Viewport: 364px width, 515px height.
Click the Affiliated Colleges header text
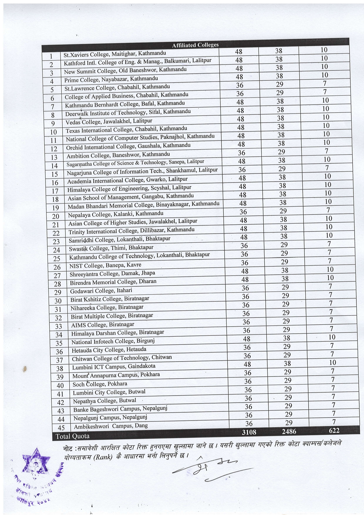pyautogui.click(x=195, y=45)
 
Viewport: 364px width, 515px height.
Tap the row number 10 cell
pyautogui.click(x=53, y=132)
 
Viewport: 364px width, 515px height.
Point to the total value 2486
pyautogui.click(x=289, y=431)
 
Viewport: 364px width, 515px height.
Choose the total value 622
pyautogui.click(x=334, y=430)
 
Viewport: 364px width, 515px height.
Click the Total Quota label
pyautogui.click(x=73, y=436)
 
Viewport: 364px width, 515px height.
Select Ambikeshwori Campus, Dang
pyautogui.click(x=111, y=426)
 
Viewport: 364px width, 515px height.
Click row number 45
pyautogui.click(x=61, y=428)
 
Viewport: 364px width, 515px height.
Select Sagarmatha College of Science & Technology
pyautogui.click(x=135, y=163)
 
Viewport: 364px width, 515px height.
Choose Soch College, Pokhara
pyautogui.click(x=100, y=384)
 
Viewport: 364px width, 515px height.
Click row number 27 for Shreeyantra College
pyautogui.click(x=57, y=276)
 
